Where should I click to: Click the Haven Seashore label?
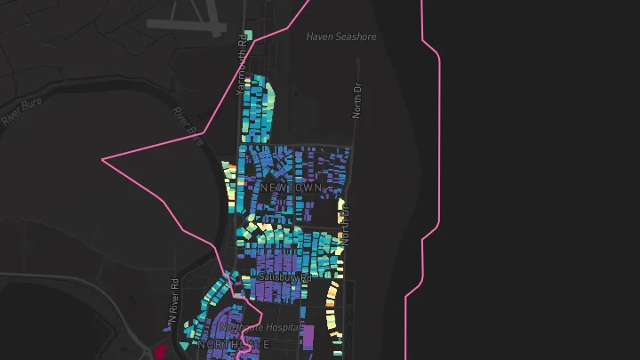341,36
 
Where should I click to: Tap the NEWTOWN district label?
292,188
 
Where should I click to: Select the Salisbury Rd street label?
285,278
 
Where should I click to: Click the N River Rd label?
174,302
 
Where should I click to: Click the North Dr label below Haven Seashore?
357,100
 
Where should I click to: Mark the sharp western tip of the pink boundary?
103,160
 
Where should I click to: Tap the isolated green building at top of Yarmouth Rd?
250,36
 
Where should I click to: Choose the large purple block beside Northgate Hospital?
308,338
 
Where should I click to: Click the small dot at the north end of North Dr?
359,61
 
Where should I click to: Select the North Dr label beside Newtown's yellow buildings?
345,227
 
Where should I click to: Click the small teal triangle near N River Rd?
183,345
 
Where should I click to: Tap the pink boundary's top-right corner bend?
437,54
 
